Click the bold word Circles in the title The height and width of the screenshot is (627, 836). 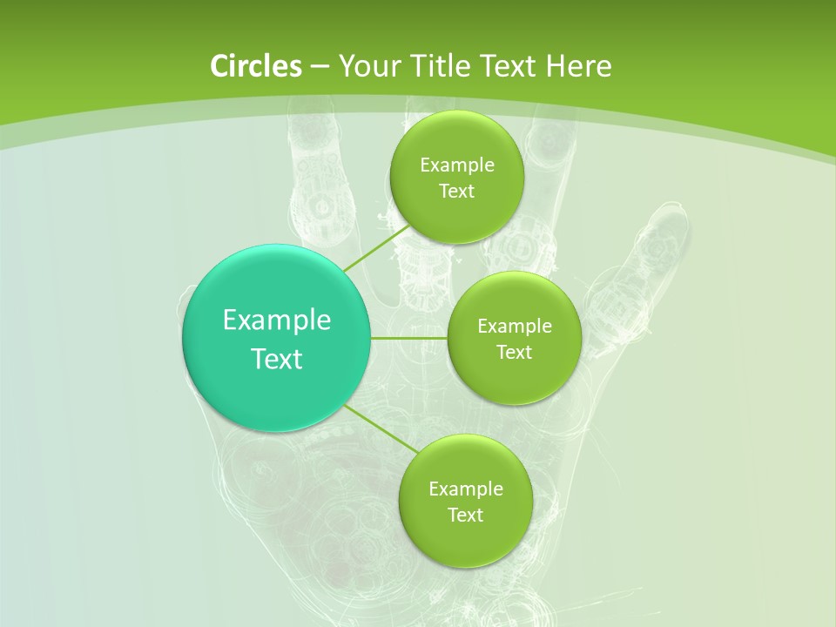click(255, 66)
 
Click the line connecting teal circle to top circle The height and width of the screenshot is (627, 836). click(376, 247)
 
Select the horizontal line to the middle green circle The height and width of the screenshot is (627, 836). click(409, 338)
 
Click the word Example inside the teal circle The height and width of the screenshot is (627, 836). click(277, 320)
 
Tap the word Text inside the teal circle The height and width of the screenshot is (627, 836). click(277, 359)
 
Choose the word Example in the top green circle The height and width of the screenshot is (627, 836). click(457, 165)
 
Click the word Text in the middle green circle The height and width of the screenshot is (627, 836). click(514, 352)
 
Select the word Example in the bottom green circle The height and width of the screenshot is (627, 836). click(466, 489)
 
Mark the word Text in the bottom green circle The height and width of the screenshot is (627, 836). click(465, 515)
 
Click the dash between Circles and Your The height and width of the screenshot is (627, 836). click(319, 66)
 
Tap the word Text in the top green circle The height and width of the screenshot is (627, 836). click(456, 191)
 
